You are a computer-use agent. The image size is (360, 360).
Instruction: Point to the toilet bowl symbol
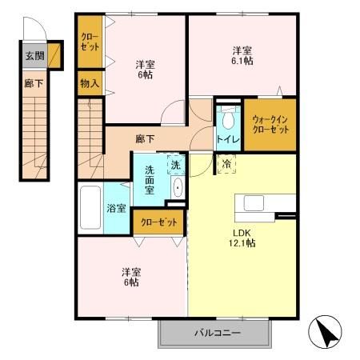click(x=228, y=120)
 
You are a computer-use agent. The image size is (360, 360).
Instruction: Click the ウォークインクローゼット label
click(x=269, y=124)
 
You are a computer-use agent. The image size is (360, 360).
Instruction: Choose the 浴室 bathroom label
click(x=117, y=208)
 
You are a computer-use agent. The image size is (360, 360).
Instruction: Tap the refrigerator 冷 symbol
click(x=226, y=165)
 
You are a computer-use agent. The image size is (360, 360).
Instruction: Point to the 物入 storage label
click(x=89, y=82)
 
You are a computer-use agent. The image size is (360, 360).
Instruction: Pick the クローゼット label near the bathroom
click(x=157, y=220)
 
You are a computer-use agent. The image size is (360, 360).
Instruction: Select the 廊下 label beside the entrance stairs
click(x=33, y=82)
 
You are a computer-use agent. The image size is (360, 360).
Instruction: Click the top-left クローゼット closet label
click(x=89, y=42)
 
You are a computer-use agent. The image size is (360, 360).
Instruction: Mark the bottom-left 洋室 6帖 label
click(x=132, y=276)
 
